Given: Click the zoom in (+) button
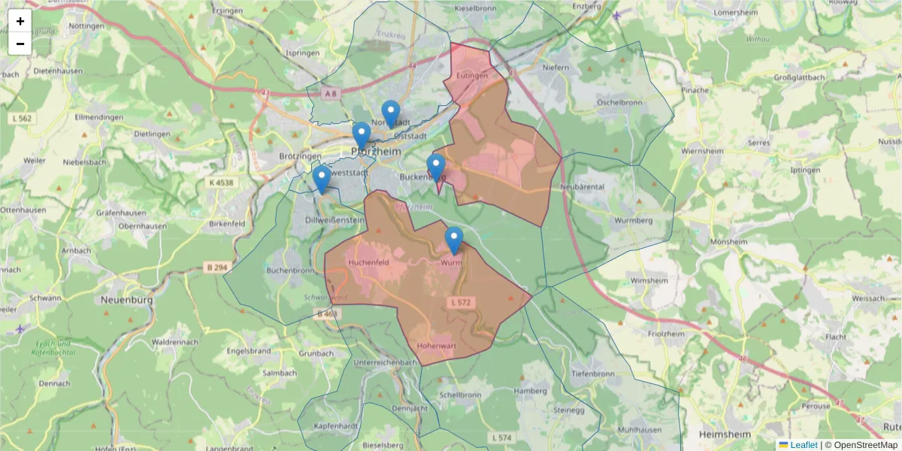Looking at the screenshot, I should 20,21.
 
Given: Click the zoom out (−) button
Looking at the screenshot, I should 20,44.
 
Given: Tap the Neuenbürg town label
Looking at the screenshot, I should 127,299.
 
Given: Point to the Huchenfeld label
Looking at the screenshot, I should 368,262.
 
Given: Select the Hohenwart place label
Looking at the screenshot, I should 435,346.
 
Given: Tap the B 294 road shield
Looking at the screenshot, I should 216,267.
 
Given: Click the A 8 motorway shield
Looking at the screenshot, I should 331,93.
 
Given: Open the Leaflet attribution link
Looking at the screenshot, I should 803,445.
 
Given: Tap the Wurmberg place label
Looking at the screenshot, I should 632,220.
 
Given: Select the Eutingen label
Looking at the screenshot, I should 472,76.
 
